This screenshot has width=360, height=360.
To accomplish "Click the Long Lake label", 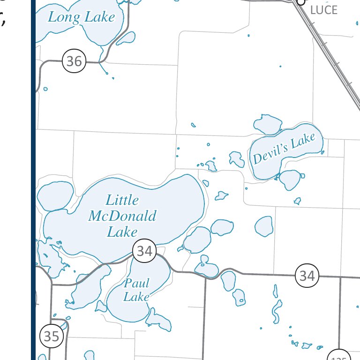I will tap(82, 18).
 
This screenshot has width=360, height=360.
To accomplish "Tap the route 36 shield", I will tap(74, 61).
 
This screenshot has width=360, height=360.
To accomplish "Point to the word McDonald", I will tap(122, 216).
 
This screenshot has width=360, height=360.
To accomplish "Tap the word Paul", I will tap(137, 283).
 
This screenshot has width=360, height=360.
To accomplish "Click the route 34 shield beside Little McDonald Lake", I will tap(144, 251).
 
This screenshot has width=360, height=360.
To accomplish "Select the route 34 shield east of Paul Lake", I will tap(307, 275).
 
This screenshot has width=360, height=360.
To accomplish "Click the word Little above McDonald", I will tap(122, 200).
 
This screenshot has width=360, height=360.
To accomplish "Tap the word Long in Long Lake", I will tap(64, 18).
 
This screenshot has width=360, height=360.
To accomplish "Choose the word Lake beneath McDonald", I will tap(122, 232).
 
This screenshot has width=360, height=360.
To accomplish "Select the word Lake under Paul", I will tap(136, 297).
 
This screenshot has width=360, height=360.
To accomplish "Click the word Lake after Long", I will tap(99, 18).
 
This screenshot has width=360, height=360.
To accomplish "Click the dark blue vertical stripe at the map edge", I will tap(33, 187).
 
